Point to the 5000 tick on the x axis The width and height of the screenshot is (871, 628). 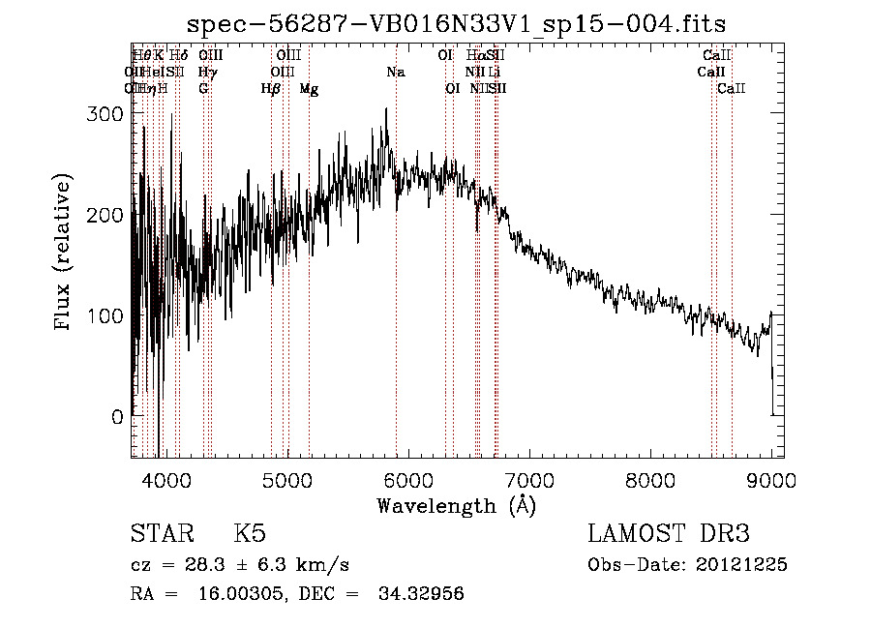(x=286, y=479)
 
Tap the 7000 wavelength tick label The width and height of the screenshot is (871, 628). (x=529, y=479)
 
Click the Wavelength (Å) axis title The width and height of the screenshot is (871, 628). (x=456, y=505)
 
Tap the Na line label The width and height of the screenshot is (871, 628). (x=396, y=72)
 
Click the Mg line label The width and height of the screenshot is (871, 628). (x=309, y=89)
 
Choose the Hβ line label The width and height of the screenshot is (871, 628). (x=271, y=89)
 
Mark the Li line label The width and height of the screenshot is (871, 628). (x=494, y=72)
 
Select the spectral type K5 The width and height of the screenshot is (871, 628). (x=250, y=534)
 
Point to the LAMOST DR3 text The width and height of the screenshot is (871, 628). (x=668, y=534)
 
